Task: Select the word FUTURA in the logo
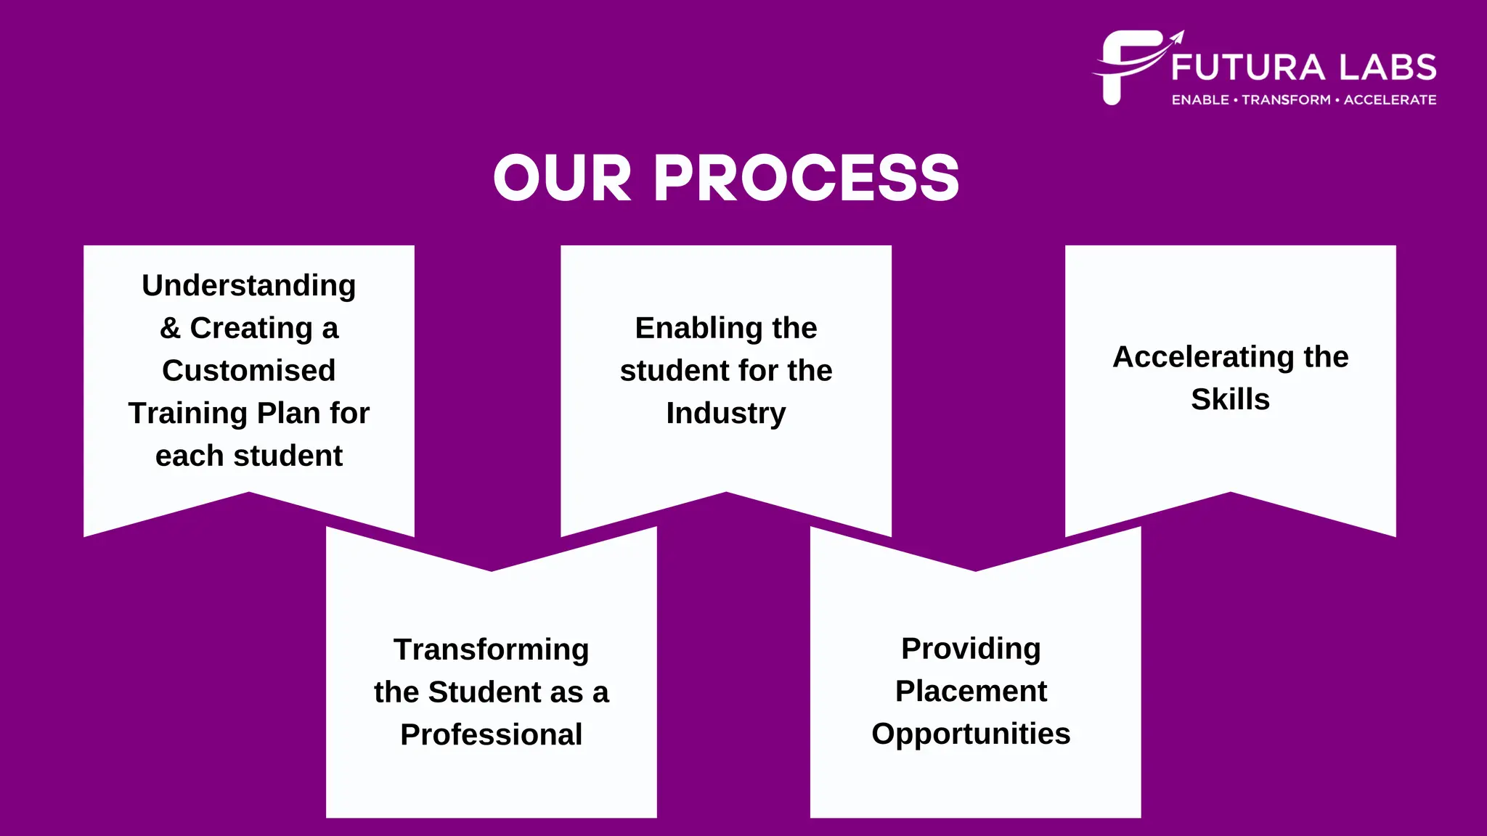[1248, 67]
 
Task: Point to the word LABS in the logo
[1388, 67]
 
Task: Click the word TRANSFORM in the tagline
[1286, 100]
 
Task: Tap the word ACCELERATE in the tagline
[1390, 100]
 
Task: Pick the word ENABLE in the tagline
[1200, 100]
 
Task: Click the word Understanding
[248, 286]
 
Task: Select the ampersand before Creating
[170, 328]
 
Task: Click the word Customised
[248, 371]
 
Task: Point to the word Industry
[725, 414]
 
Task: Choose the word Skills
[1230, 399]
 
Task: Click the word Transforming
[491, 649]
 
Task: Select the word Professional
[491, 734]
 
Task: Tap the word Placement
[971, 691]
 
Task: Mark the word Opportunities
[971, 734]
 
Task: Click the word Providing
[971, 648]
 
